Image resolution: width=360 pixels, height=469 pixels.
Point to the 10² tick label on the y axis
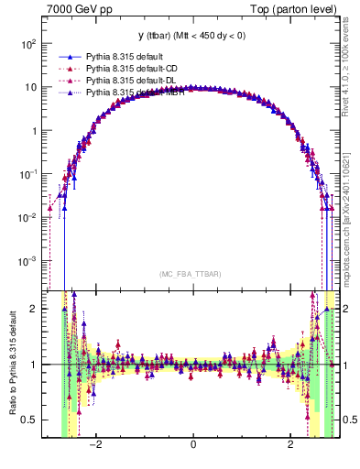(28, 44)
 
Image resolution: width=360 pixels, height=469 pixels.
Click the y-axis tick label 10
(30, 88)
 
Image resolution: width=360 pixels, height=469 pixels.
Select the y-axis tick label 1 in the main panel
(34, 131)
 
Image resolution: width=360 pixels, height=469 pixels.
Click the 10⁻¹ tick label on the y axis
(28, 174)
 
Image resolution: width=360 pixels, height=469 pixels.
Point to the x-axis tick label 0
(192, 445)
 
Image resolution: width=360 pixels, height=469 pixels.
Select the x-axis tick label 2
(290, 445)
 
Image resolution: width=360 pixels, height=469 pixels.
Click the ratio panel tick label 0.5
(30, 420)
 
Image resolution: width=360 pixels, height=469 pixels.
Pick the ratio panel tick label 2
(34, 309)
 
